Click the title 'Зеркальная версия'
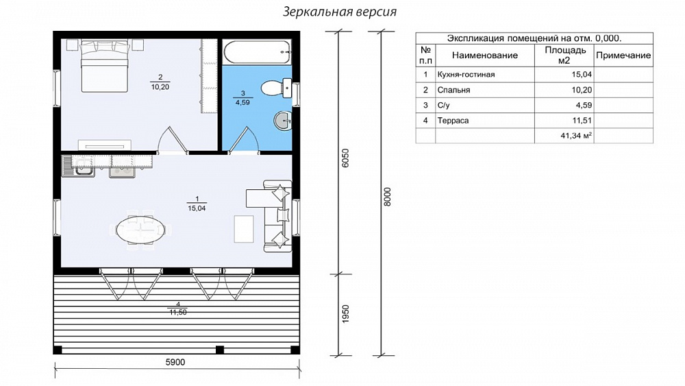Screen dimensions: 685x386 point(340,12)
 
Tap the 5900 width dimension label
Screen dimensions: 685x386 point(175,363)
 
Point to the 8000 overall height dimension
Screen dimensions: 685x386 point(388,197)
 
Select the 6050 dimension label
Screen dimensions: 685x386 point(345,158)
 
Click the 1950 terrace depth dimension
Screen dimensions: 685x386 point(345,314)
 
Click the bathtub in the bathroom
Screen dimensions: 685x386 point(257,52)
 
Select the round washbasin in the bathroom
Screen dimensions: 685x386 point(283,120)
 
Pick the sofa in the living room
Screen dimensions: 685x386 point(278,216)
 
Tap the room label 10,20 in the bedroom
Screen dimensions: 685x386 point(160,87)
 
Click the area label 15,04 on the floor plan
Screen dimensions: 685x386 point(197,208)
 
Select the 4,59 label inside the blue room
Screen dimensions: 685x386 point(243,103)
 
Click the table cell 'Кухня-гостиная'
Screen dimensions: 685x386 point(466,74)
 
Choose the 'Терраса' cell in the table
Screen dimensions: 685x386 point(453,121)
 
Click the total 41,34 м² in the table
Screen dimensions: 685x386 point(576,136)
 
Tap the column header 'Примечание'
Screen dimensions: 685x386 point(623,56)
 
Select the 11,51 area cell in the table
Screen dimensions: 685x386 point(582,121)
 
